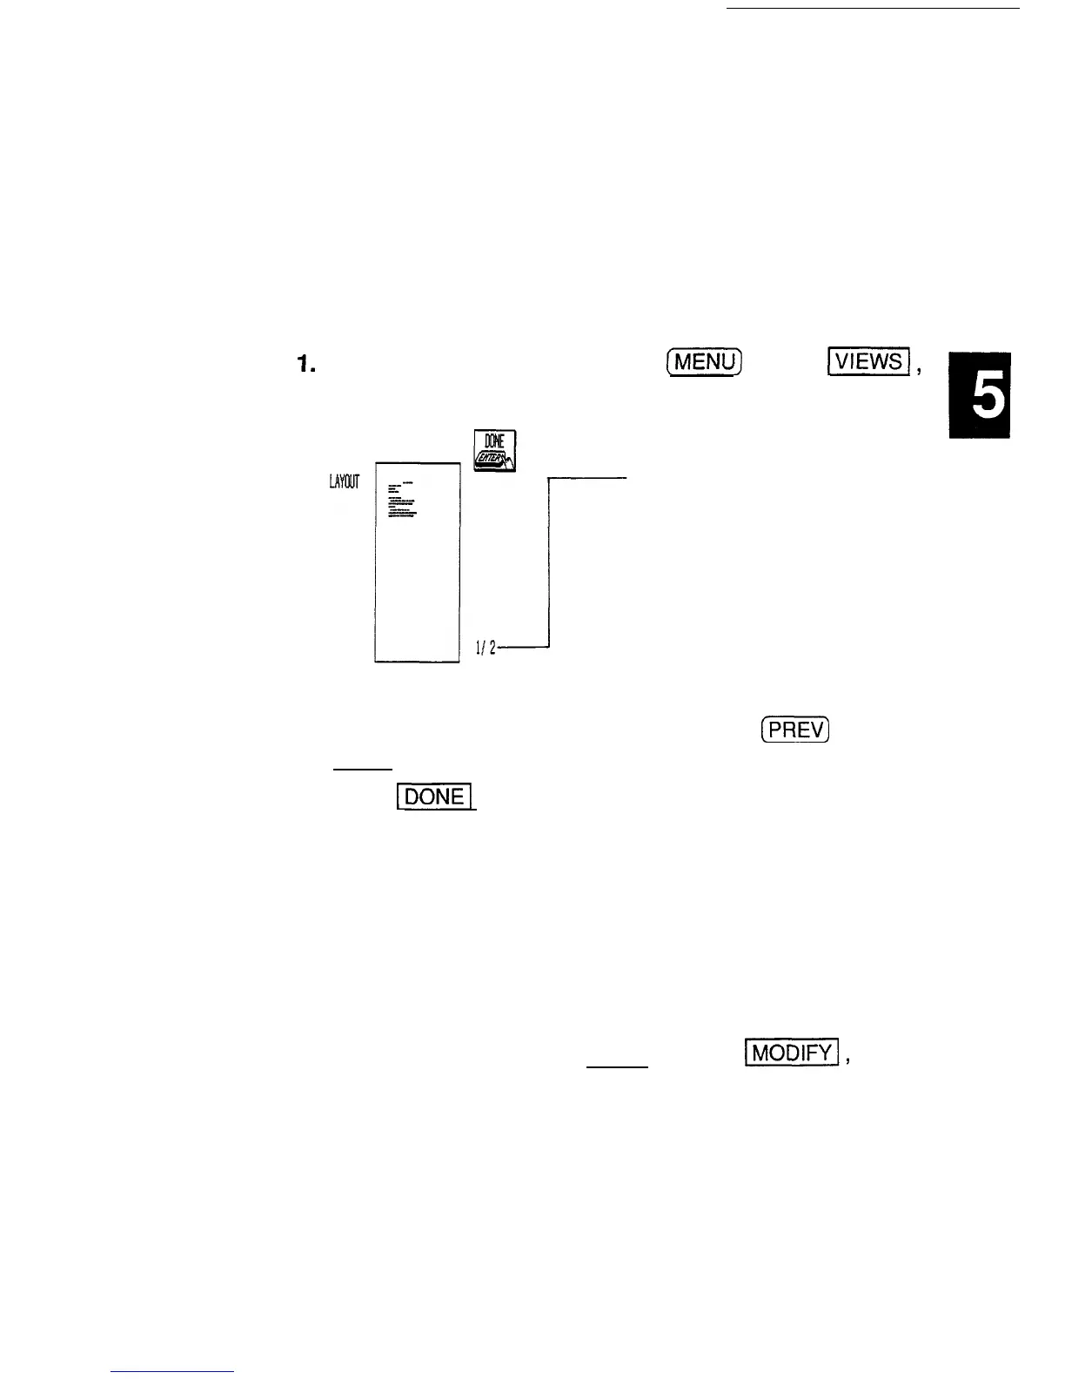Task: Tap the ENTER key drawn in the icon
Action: [x=493, y=459]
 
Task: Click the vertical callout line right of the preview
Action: [x=550, y=562]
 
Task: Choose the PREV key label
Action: [x=794, y=730]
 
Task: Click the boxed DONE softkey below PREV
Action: [x=433, y=797]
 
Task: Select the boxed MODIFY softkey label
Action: [x=791, y=1053]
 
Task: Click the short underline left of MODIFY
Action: [x=618, y=1066]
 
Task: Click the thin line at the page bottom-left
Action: [x=173, y=1372]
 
